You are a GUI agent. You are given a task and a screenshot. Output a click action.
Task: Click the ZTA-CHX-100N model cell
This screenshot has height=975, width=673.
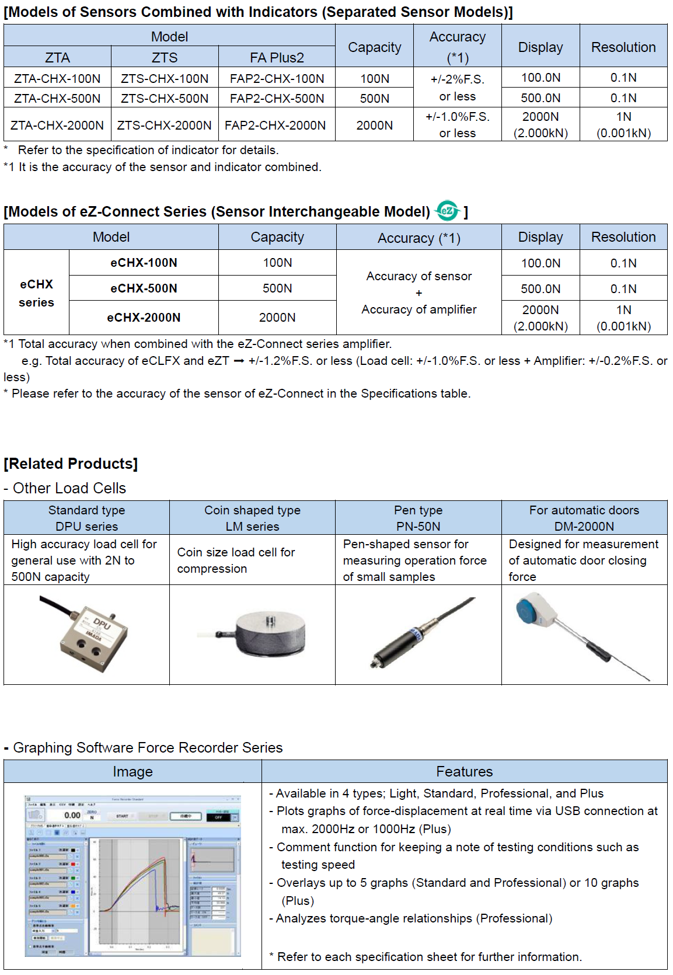click(x=57, y=78)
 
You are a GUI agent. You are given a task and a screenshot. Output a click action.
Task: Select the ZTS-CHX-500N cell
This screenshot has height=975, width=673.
click(x=165, y=98)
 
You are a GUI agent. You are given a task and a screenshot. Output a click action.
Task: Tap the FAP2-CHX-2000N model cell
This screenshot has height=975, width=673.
click(x=275, y=125)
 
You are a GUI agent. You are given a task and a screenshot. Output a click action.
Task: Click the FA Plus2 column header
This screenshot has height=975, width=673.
click(x=277, y=57)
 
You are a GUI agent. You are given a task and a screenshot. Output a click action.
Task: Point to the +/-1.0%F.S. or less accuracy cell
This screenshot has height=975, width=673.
click(x=458, y=124)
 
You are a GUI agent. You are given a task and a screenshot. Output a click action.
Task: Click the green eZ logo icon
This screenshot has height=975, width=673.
click(x=448, y=211)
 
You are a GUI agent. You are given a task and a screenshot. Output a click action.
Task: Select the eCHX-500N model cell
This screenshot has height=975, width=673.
click(x=144, y=288)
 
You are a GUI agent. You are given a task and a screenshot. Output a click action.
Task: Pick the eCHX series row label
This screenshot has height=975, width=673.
click(x=36, y=293)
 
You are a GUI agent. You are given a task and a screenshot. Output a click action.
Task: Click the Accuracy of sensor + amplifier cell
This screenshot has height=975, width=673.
click(x=419, y=292)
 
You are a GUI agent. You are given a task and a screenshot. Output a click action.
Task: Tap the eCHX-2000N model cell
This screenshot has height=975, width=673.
click(x=144, y=318)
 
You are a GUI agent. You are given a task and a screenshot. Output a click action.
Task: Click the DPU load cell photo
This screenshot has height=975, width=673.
click(x=88, y=634)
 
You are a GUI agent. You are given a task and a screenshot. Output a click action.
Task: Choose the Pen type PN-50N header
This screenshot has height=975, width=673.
click(x=419, y=518)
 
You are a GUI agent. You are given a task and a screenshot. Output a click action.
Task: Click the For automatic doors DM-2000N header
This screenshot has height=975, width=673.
click(x=584, y=518)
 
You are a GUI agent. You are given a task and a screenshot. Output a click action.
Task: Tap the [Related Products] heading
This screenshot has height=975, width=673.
click(x=71, y=464)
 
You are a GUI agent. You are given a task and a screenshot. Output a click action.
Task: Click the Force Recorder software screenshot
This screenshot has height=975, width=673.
click(x=132, y=876)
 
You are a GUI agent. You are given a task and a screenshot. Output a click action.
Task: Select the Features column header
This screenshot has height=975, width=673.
click(x=465, y=772)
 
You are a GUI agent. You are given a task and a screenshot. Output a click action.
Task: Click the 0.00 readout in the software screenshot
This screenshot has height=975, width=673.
click(x=72, y=815)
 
